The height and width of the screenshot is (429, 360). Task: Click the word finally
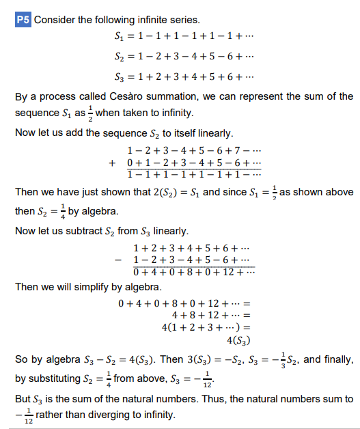(x=337, y=359)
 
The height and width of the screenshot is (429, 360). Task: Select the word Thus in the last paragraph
(x=216, y=398)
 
